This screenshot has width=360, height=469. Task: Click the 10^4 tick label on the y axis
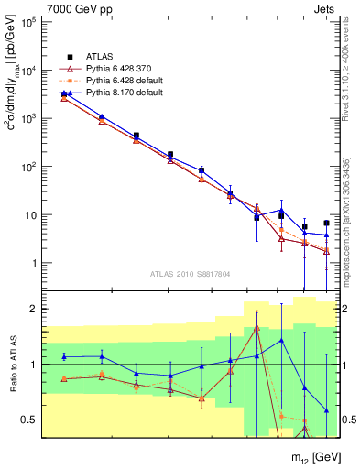[28, 71]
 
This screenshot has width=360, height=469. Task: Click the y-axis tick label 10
[30, 215]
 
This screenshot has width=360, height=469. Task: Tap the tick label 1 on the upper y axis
[35, 264]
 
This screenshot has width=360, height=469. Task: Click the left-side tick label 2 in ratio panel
[35, 310]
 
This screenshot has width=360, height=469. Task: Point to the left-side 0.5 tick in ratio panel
[30, 420]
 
